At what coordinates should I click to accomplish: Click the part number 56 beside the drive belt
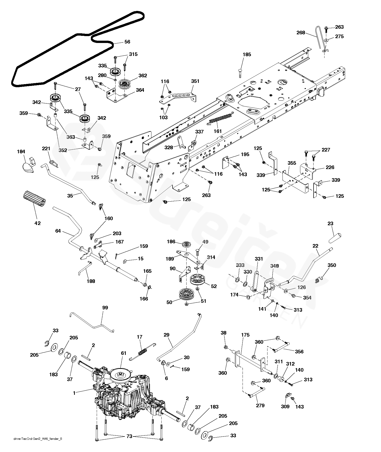tap(127, 42)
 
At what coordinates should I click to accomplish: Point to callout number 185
tap(247, 54)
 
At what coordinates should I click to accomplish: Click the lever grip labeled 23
tap(334, 238)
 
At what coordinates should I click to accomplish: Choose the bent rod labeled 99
tap(92, 322)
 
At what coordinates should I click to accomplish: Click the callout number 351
tap(195, 81)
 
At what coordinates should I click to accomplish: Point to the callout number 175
tap(245, 335)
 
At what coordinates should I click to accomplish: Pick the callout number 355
tap(292, 163)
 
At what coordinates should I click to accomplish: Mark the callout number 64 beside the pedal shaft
tap(58, 231)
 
